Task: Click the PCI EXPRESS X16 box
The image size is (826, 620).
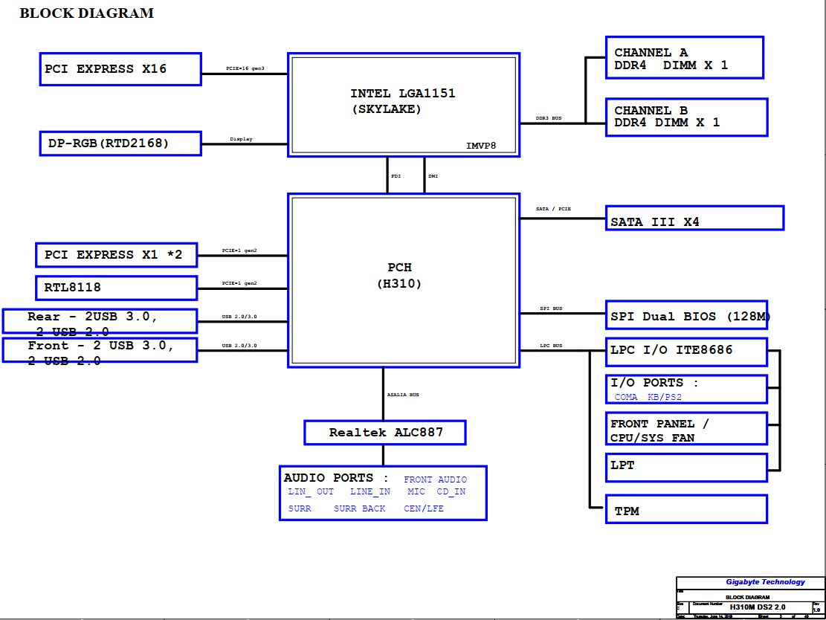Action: [120, 69]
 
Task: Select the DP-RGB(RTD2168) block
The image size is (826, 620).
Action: [120, 143]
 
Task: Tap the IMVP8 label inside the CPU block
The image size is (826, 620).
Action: [480, 146]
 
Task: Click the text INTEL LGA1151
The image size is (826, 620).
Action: [402, 94]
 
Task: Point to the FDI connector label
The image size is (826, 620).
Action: [396, 176]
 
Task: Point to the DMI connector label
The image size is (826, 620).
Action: [433, 176]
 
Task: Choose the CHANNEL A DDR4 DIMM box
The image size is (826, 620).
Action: [684, 58]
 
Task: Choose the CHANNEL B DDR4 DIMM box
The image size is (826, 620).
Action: [686, 117]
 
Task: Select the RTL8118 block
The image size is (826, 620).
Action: [116, 288]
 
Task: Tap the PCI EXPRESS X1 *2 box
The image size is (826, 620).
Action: [116, 255]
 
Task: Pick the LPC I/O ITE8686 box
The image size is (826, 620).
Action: [686, 350]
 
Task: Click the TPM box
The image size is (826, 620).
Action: [686, 510]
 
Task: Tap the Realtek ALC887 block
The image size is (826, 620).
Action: [385, 432]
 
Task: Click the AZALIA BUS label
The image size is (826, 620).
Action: [403, 395]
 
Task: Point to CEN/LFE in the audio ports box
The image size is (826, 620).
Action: [423, 508]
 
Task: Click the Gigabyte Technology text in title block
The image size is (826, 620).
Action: [765, 582]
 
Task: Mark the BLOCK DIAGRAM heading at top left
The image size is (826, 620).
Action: [86, 13]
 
